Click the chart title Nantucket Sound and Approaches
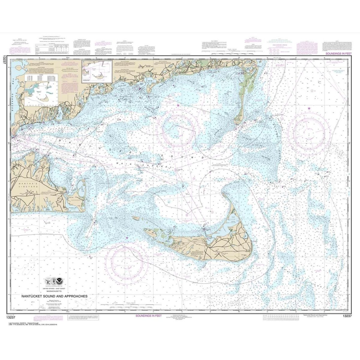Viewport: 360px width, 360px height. coord(54,296)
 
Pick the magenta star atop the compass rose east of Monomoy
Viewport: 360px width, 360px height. coord(309,108)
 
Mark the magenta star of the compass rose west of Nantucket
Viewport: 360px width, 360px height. coord(127,238)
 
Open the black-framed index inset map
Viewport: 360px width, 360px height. coord(97,71)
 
